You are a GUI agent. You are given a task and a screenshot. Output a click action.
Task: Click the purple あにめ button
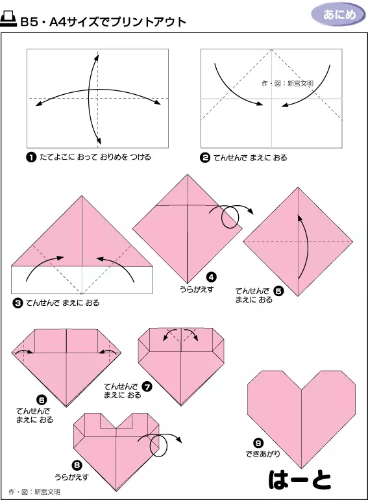tap(338, 15)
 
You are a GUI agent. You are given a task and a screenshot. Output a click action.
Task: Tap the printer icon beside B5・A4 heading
tap(8, 19)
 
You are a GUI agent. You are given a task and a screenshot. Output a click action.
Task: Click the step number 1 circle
tap(31, 158)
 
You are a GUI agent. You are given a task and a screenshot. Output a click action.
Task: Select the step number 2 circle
tap(205, 158)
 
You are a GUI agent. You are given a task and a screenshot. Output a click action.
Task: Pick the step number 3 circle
tap(18, 303)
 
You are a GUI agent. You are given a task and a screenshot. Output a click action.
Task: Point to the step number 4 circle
tap(211, 277)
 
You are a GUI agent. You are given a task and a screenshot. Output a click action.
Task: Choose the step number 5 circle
tap(278, 291)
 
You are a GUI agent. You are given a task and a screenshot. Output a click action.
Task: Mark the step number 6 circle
tap(42, 399)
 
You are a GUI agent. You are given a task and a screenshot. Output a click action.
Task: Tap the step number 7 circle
tap(147, 387)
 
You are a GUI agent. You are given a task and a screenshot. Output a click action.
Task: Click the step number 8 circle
tap(77, 465)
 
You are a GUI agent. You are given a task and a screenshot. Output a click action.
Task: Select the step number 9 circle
tap(258, 443)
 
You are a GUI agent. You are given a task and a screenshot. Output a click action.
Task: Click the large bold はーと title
tap(300, 480)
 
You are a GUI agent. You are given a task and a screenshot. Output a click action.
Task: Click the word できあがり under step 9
tap(263, 453)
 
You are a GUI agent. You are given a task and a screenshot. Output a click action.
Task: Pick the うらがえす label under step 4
tap(197, 289)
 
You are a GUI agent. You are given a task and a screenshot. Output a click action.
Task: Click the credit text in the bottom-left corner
tap(34, 492)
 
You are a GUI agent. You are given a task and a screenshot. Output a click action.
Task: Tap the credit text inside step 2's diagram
tap(288, 83)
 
